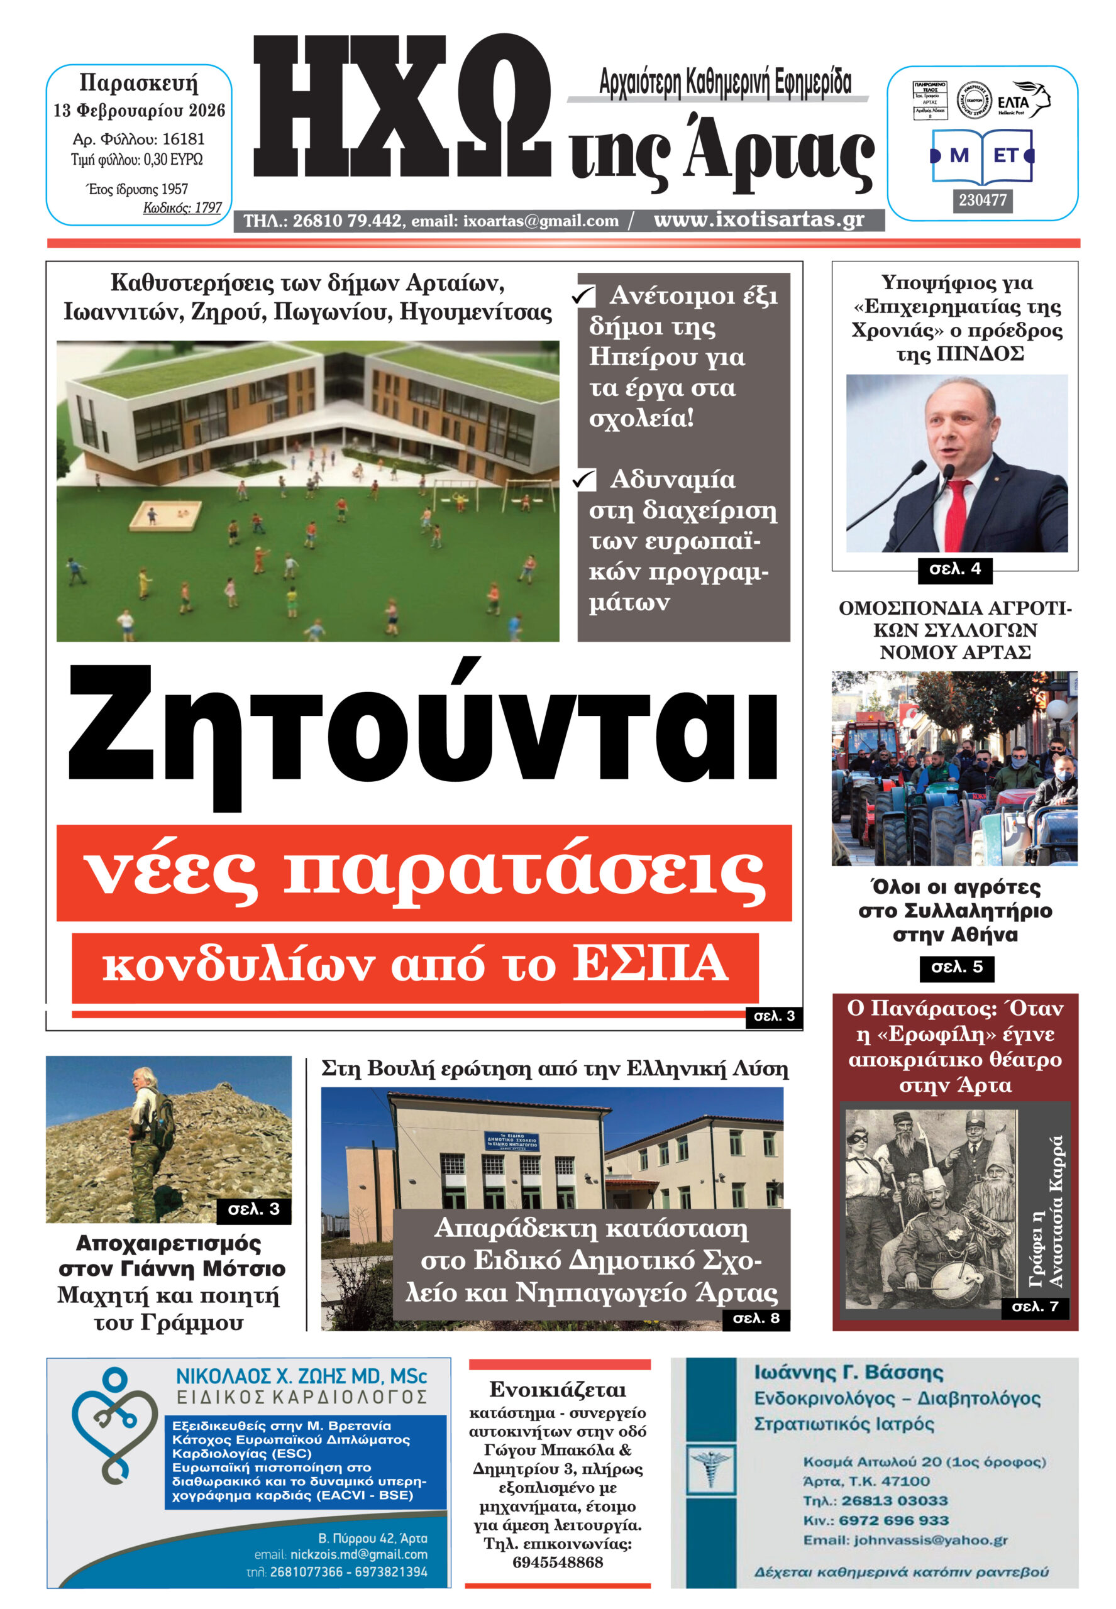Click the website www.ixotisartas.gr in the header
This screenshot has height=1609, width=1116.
(759, 219)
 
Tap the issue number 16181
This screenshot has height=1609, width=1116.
(182, 139)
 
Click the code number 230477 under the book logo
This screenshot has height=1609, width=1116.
(983, 200)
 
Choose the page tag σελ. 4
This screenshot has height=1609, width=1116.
(954, 569)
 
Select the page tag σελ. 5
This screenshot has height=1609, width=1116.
(956, 967)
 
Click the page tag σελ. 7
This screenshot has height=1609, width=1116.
(1034, 1305)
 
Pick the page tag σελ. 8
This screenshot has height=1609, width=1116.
(755, 1318)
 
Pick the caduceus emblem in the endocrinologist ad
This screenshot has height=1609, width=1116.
(710, 1468)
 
